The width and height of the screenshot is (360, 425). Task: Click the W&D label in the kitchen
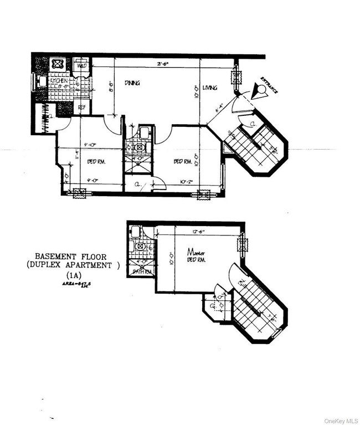[81, 66]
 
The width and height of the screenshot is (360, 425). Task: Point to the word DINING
[132, 83]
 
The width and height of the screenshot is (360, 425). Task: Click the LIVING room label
[209, 88]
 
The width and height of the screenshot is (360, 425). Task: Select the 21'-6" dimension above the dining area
[162, 64]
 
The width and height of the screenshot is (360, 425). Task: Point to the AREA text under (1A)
[72, 284]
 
